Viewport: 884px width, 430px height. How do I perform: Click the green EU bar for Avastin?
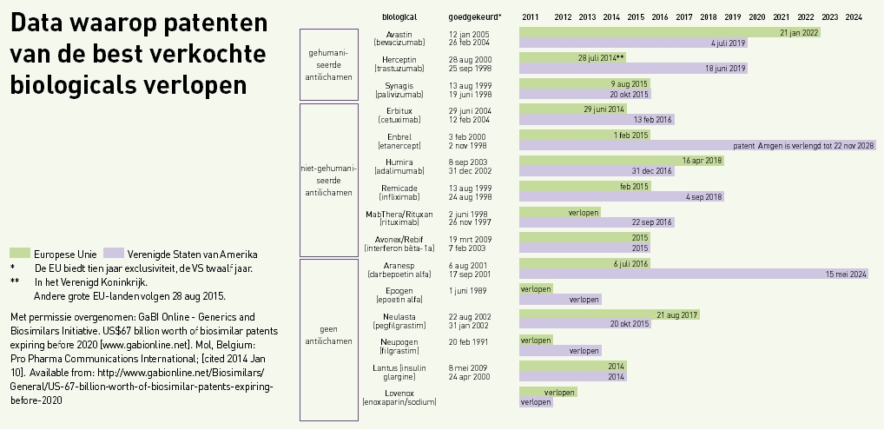[669, 33]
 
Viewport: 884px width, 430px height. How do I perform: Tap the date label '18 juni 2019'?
[725, 68]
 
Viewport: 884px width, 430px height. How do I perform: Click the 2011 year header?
[531, 17]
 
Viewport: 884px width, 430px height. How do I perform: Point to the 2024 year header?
[853, 17]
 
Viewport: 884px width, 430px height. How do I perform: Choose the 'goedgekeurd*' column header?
[475, 17]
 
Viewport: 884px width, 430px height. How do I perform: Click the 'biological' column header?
[399, 17]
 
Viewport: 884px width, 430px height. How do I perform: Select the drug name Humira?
[399, 162]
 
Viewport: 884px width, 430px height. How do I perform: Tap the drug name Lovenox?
[399, 393]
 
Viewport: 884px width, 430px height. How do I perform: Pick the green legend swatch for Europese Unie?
[19, 254]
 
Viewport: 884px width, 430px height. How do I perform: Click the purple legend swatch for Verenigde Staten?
[113, 254]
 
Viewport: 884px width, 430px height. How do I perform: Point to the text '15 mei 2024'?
[846, 274]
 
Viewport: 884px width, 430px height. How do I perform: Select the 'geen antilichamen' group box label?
[328, 335]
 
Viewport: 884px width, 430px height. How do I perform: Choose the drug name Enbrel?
[399, 136]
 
